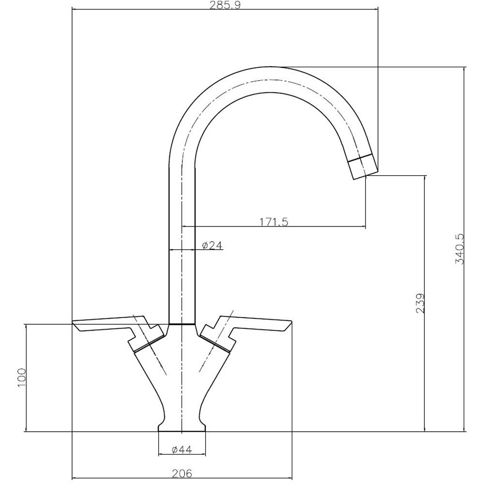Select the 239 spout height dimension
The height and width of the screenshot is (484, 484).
click(420, 303)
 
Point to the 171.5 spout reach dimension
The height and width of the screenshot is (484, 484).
click(274, 222)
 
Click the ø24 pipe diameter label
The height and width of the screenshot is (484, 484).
click(211, 246)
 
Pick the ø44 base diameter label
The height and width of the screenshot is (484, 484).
click(182, 450)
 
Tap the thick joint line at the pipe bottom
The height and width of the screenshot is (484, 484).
click(181, 323)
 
